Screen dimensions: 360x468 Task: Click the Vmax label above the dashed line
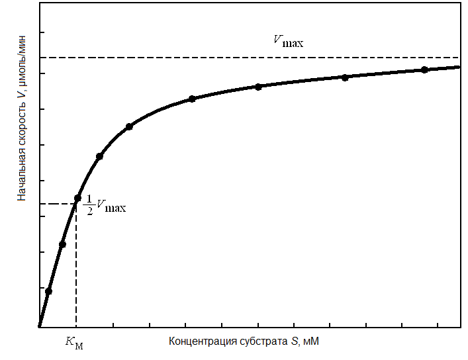pos(289,40)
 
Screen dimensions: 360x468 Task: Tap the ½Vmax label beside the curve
pos(106,207)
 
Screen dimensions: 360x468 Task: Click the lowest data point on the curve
pos(48,291)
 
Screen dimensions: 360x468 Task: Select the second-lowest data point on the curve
pos(62,245)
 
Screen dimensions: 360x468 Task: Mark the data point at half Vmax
pos(77,198)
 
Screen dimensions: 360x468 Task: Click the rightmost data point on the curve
pos(424,69)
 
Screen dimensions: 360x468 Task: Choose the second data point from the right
pos(345,77)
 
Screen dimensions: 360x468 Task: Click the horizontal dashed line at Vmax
pos(199,58)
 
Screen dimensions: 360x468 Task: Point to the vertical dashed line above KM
pos(76,265)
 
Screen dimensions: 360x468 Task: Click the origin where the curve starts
pos(40,326)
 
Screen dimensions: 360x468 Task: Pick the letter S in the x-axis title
pos(293,341)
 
